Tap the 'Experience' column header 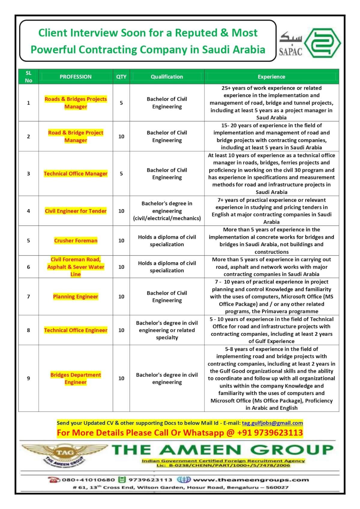pyautogui.click(x=271, y=77)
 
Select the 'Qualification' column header pyautogui.click(x=167, y=77)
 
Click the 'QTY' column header pyautogui.click(x=121, y=77)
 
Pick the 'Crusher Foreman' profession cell pyautogui.click(x=76, y=241)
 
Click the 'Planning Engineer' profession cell pyautogui.click(x=76, y=297)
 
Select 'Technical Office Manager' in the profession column pyautogui.click(x=76, y=174)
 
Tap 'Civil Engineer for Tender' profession pyautogui.click(x=76, y=211)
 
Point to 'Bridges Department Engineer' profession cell pyautogui.click(x=76, y=378)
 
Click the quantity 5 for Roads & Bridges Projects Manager pyautogui.click(x=121, y=103)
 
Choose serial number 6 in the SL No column pyautogui.click(x=28, y=267)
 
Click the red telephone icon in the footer pyautogui.click(x=54, y=480)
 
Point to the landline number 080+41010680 pyautogui.click(x=88, y=480)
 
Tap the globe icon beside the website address pyautogui.click(x=184, y=479)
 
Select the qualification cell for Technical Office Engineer pyautogui.click(x=167, y=330)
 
